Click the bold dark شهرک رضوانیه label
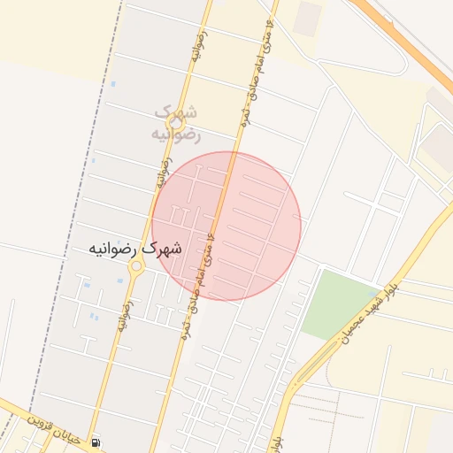(x=135, y=250)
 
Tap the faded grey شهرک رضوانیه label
(x=177, y=124)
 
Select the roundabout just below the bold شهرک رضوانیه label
(x=136, y=275)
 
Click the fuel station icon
(x=96, y=442)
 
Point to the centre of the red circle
(x=226, y=226)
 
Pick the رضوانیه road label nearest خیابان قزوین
(x=123, y=314)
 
